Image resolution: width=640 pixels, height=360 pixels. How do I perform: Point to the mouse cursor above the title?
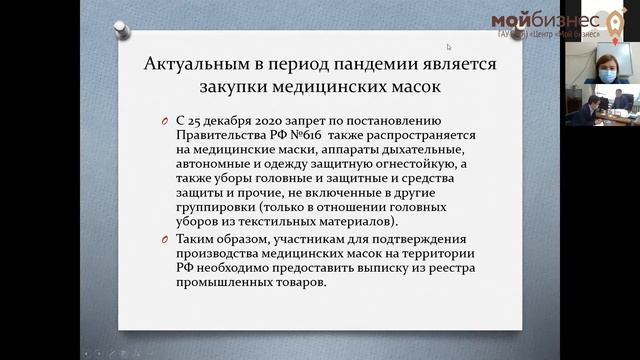pos(449,46)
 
